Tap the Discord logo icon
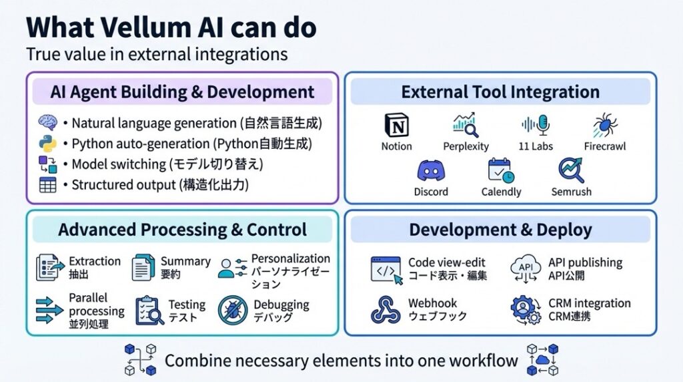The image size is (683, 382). pos(431,172)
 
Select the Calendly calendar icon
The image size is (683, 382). pos(500,172)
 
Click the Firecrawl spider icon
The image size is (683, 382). pos(604,126)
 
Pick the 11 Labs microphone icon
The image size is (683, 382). pos(535,126)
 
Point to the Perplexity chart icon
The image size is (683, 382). pos(465,125)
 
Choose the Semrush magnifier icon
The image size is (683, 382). pos(571,171)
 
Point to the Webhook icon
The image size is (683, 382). pos(386,309)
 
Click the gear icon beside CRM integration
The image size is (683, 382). pos(525,310)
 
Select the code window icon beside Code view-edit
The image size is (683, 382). pos(386,268)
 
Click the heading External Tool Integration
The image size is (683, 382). pos(500,92)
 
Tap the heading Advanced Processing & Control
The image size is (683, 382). pos(182,230)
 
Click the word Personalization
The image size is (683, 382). pos(290,258)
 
